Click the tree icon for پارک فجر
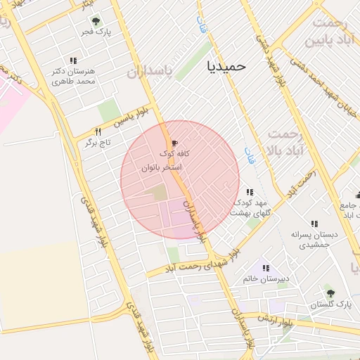point(96,21)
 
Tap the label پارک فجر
point(96,32)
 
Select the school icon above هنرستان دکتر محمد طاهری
point(73,61)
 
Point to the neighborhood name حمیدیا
point(226,65)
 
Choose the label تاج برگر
point(99,143)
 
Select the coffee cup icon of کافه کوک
point(174,143)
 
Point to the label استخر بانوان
point(162,167)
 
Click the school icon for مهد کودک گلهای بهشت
point(249,191)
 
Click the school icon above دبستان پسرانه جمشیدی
point(314,224)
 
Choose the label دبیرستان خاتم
point(266,279)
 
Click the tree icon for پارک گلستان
point(330,293)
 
